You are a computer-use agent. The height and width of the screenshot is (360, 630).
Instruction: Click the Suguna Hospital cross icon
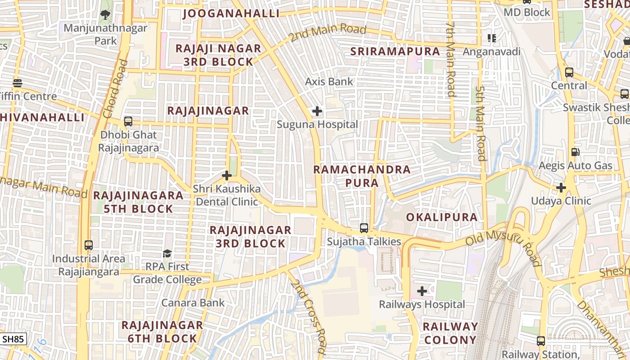317,111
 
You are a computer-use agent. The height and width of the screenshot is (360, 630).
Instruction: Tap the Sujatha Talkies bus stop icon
364,228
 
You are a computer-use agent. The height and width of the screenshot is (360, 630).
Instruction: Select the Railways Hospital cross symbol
422,291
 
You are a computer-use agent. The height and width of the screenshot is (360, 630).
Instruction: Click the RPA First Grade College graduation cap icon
167,253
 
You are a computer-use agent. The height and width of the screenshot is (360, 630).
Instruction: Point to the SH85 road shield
13,339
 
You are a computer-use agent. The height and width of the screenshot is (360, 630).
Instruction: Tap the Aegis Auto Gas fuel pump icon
575,152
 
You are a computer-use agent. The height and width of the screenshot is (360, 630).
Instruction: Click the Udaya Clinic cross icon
561,187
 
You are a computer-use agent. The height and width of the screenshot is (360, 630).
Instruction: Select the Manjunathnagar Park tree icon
105,14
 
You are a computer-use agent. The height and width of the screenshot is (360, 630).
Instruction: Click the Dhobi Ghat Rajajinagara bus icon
128,121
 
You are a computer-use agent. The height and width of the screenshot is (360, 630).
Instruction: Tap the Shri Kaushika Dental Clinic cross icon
227,175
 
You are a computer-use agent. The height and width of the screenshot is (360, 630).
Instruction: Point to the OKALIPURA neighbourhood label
441,217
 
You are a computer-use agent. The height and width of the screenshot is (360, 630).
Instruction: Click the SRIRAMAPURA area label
395,51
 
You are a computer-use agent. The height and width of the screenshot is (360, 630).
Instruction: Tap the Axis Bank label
329,82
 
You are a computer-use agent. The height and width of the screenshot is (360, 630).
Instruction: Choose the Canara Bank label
193,302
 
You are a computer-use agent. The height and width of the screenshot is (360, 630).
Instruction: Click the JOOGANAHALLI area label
231,13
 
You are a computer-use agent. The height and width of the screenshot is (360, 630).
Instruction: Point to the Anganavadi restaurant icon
492,38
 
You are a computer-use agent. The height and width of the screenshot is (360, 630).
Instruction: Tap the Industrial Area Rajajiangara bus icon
89,245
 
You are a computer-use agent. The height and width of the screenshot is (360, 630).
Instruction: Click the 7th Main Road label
450,58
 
